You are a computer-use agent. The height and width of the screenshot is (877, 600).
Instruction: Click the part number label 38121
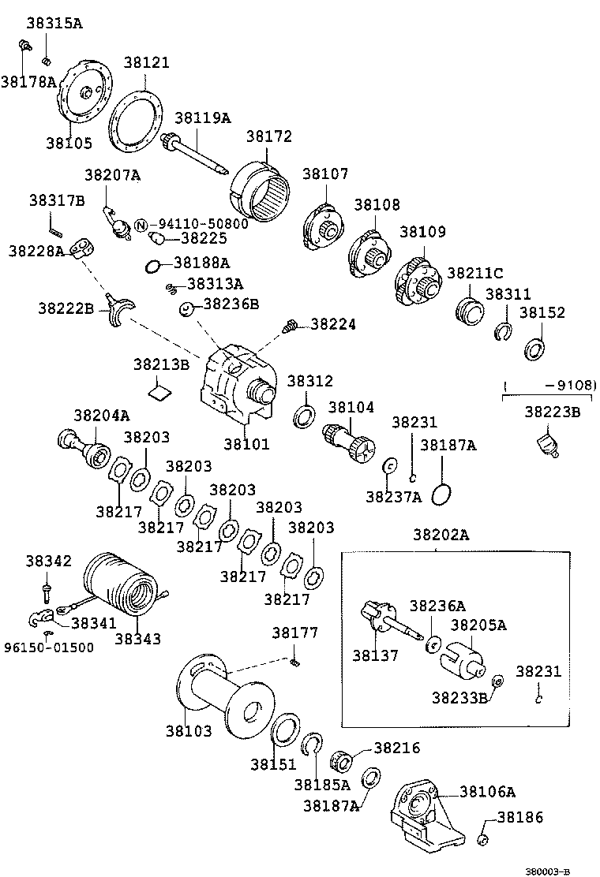(x=146, y=62)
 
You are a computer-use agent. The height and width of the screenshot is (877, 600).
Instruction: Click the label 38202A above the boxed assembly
(x=441, y=535)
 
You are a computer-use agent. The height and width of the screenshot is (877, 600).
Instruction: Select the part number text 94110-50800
(x=198, y=224)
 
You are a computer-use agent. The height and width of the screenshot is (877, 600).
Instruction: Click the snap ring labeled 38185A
(x=313, y=745)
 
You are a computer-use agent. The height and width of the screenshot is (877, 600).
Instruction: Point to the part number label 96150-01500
(x=47, y=647)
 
